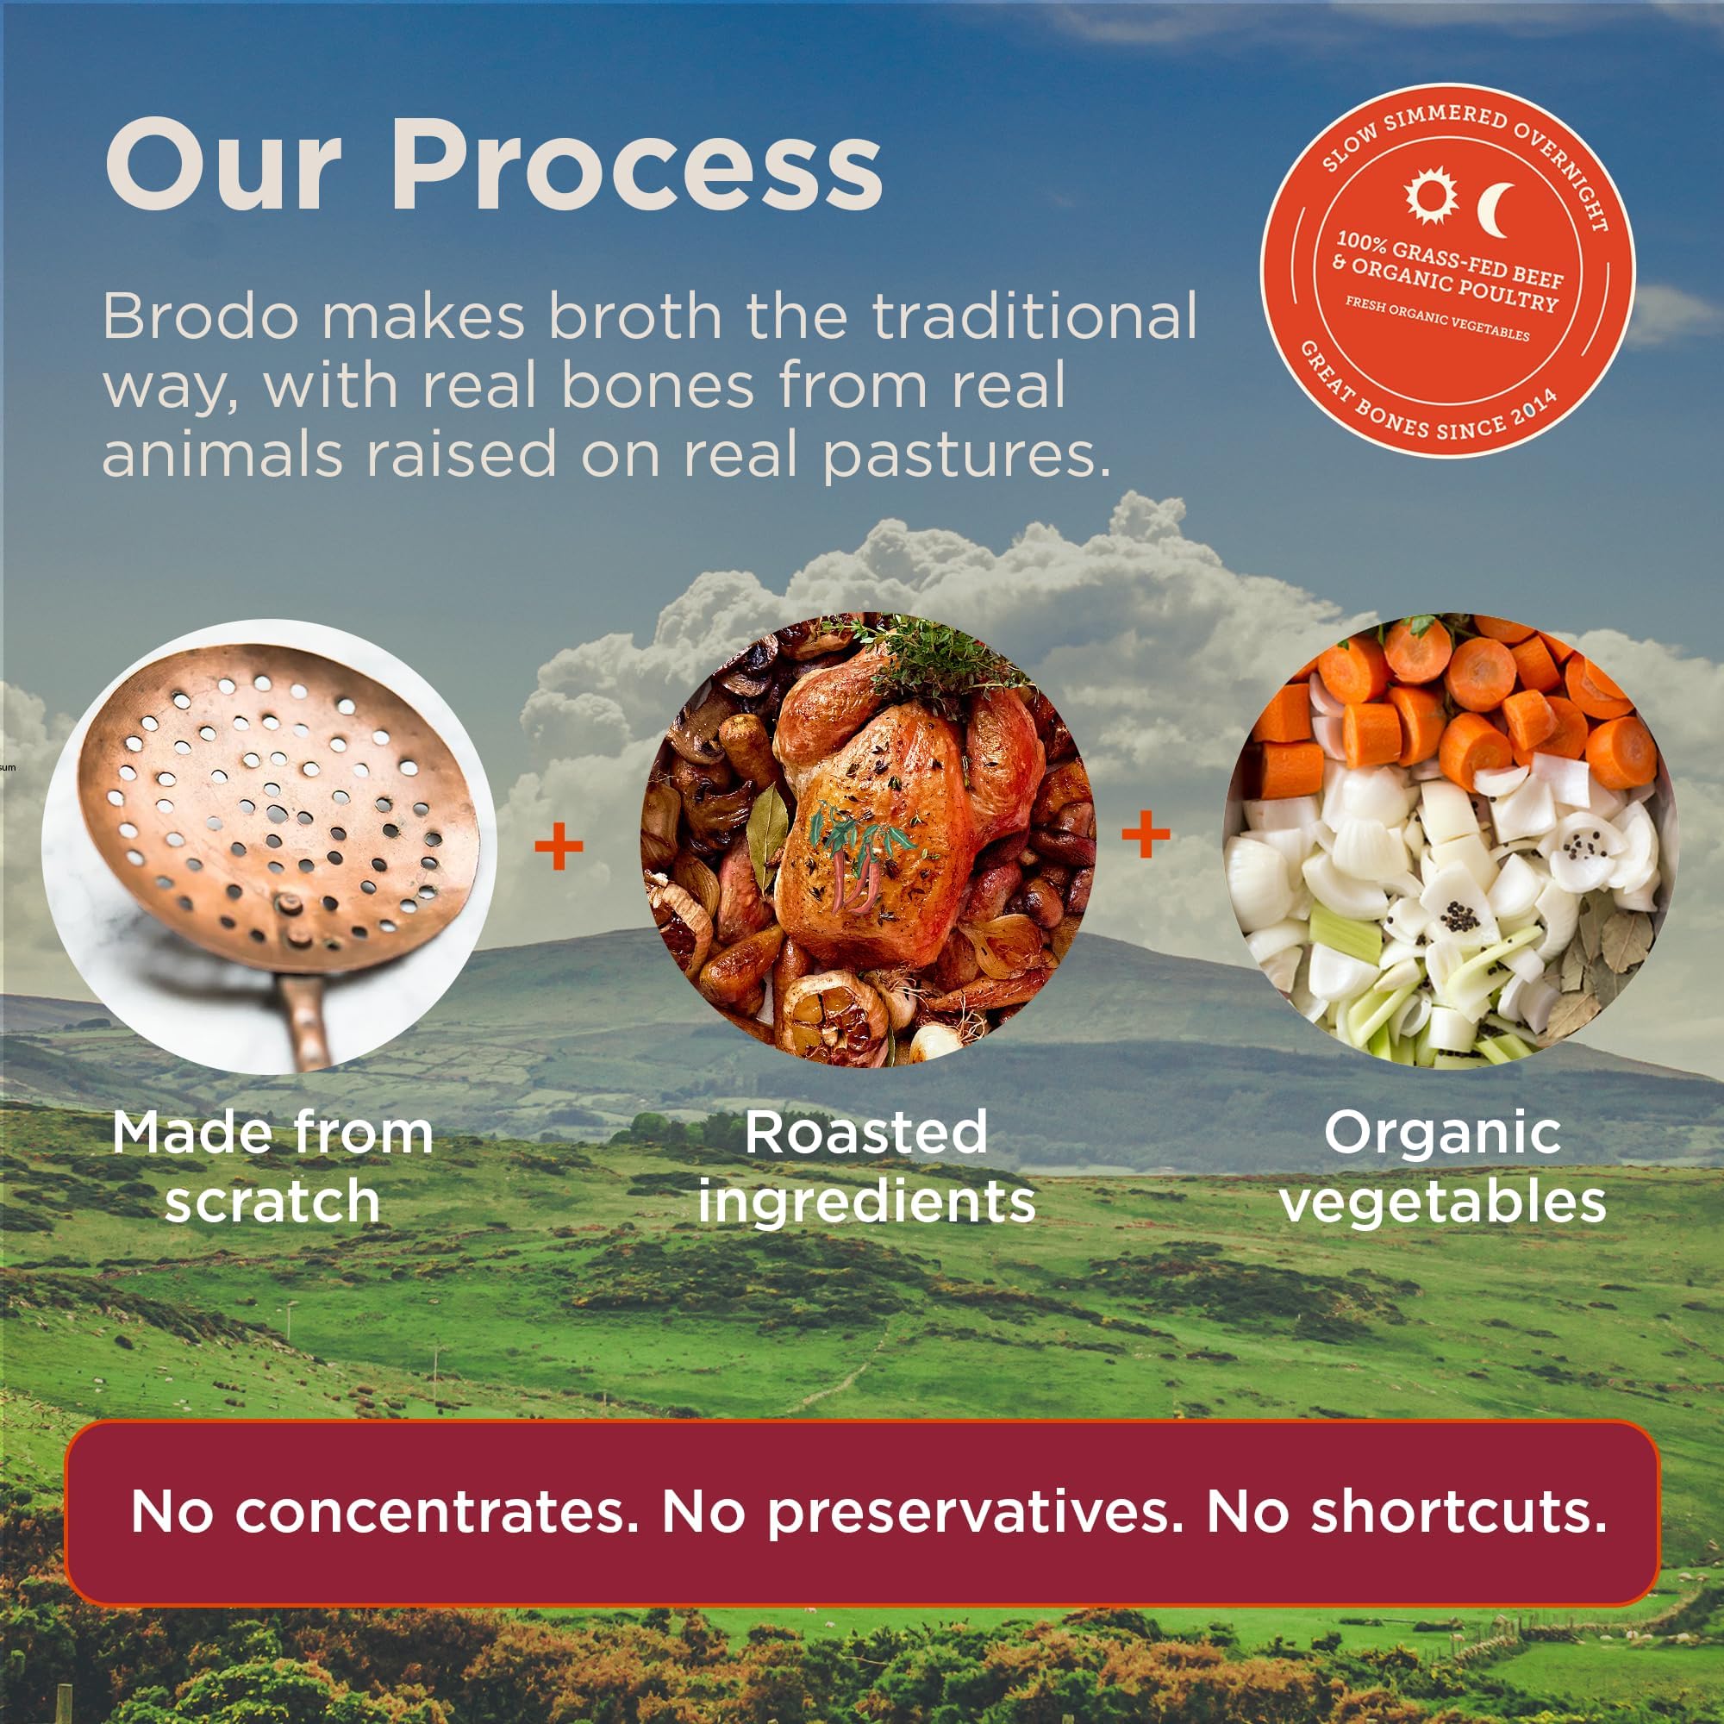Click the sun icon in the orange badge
coord(1430,196)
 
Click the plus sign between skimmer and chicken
coord(559,846)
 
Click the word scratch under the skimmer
coord(272,1201)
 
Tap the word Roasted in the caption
coord(865,1134)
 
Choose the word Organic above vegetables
coord(1443,1134)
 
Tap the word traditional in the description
coord(1034,315)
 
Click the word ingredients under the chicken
coord(866,1201)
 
